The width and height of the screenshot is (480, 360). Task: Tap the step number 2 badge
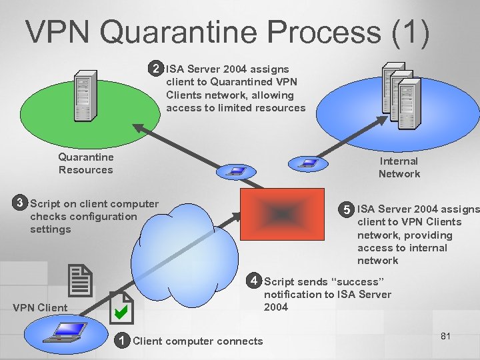coord(155,69)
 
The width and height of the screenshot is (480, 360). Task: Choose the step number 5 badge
coord(346,209)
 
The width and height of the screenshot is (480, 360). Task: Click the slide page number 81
coord(445,336)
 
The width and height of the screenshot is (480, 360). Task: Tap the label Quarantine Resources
coord(85,163)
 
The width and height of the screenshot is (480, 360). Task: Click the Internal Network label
coord(399,167)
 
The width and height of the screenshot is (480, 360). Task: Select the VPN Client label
coord(40,307)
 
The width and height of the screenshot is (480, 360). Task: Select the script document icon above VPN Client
coord(80,280)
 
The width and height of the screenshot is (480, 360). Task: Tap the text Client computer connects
coord(198,341)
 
